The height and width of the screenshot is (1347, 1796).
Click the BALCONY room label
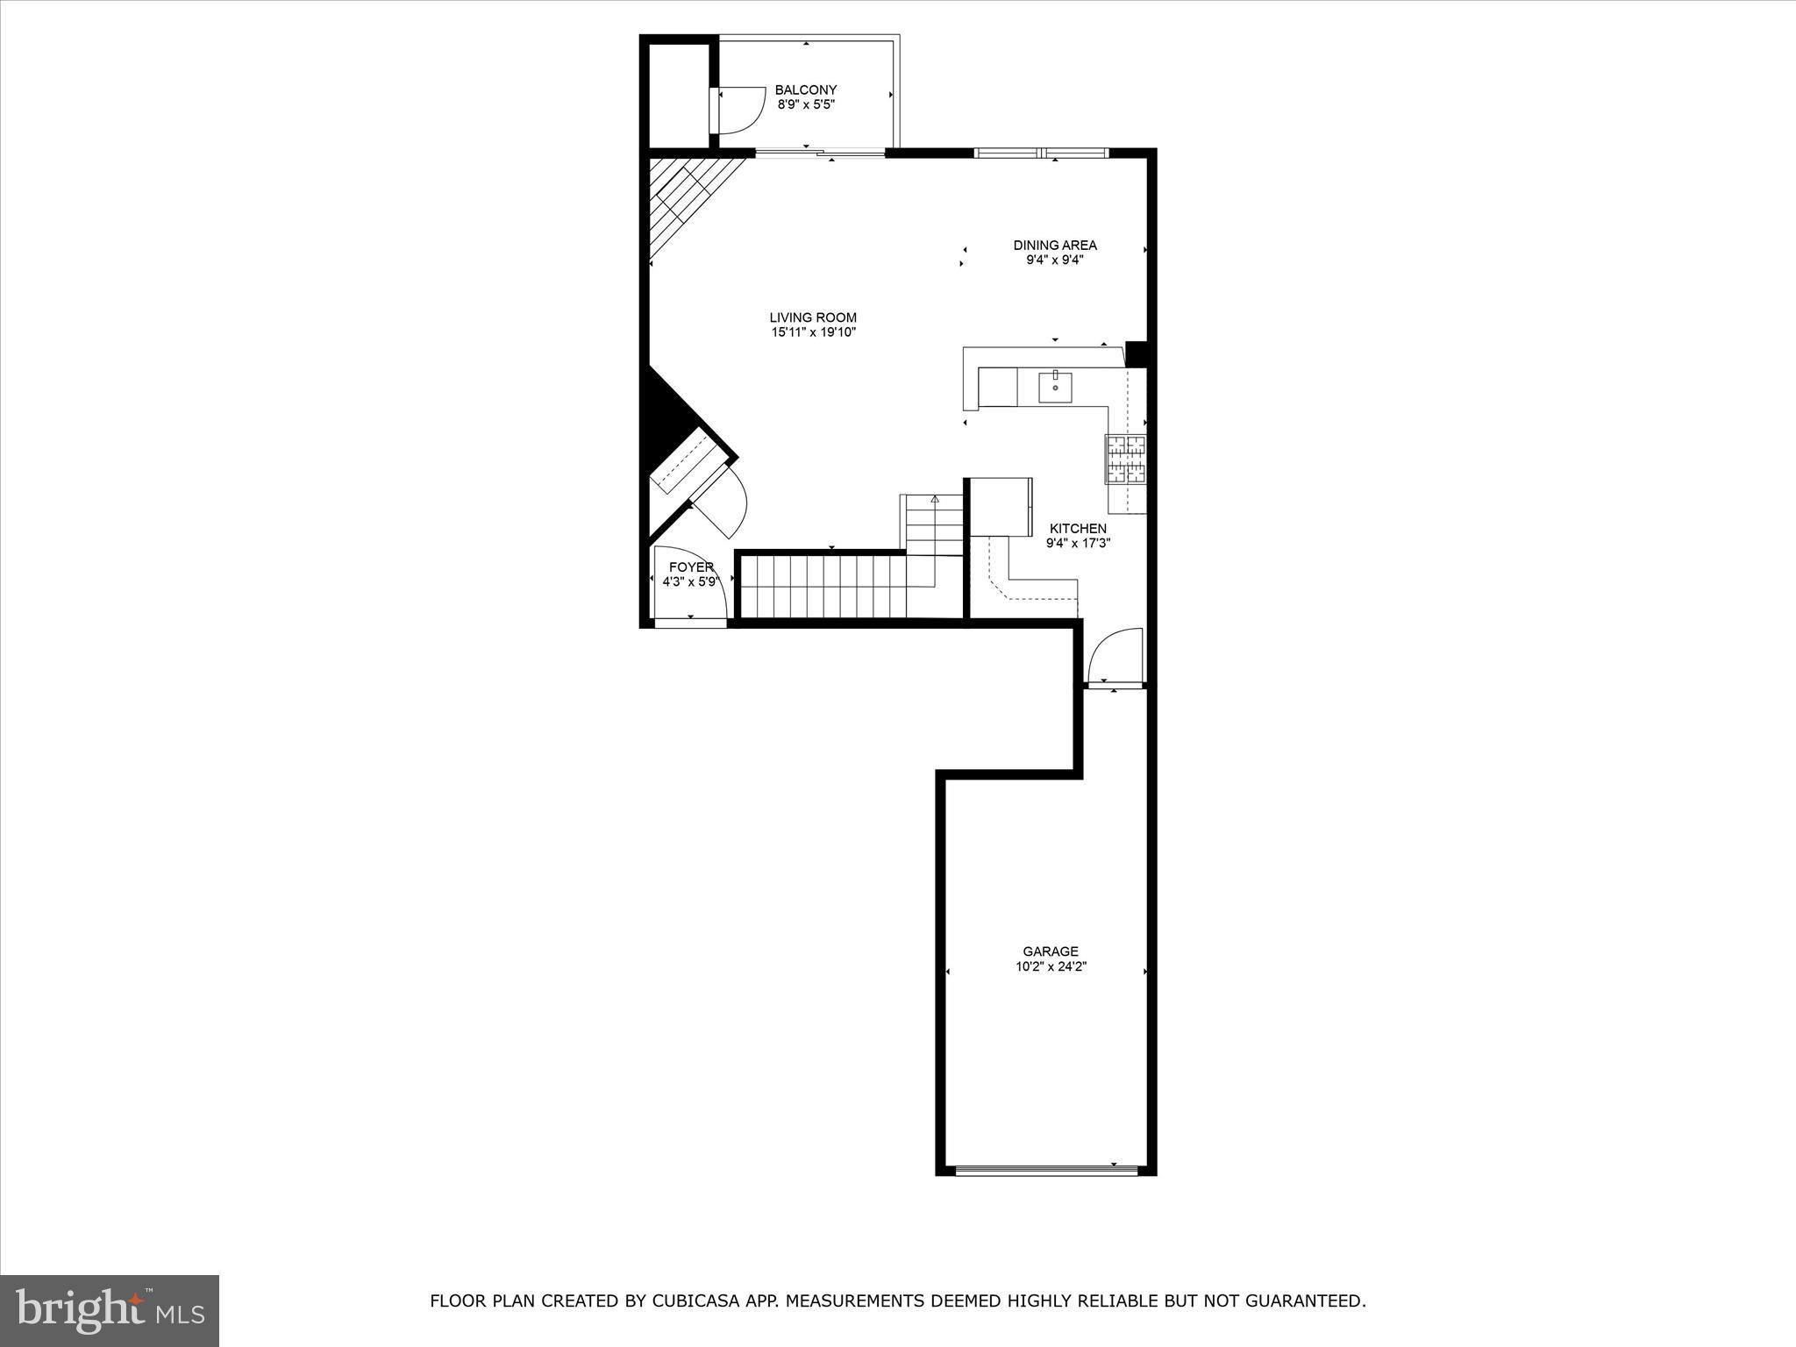point(805,89)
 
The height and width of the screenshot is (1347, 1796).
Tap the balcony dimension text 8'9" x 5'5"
point(805,104)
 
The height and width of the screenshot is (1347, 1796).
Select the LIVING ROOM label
point(813,317)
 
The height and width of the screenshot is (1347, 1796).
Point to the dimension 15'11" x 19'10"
point(813,332)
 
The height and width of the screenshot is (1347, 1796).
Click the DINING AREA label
point(1055,245)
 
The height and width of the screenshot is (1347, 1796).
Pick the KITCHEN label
point(1078,528)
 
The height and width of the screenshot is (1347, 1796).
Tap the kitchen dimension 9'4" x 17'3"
point(1078,543)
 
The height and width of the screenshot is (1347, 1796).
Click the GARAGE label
point(1050,951)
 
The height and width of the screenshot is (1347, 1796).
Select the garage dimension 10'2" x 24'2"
point(1050,966)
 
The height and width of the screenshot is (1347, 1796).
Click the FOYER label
point(691,567)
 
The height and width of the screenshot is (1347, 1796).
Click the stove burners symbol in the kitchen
point(1125,459)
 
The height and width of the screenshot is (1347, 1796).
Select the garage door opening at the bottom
point(1046,1170)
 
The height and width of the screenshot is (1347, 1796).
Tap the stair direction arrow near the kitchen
point(935,499)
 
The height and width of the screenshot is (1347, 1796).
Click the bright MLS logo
point(110,1310)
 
